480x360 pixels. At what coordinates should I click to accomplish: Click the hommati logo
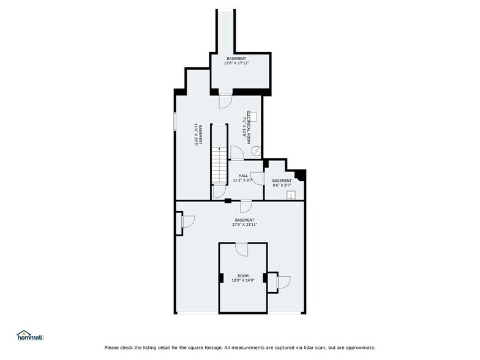coord(31,336)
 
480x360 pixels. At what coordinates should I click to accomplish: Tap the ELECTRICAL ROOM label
coord(249,127)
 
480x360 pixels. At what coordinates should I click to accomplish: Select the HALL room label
coord(243,176)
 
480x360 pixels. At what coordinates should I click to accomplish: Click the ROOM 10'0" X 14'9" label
coord(243,278)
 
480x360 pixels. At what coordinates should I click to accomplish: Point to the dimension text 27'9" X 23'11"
coord(244,224)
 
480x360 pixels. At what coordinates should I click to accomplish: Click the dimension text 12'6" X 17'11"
coord(236,63)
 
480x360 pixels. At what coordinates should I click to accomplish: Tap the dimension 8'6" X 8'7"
coord(282,185)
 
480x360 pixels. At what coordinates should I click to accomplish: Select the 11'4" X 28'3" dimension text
coord(196,135)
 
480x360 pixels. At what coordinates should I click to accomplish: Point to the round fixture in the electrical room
coord(256,151)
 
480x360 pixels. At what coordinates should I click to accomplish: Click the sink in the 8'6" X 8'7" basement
coord(290,195)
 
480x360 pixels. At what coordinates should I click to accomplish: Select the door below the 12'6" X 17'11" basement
coord(225,102)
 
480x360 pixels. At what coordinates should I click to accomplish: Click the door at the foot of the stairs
coord(219,192)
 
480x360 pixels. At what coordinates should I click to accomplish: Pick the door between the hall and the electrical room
coord(237,153)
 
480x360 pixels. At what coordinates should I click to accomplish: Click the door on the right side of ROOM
coord(283,282)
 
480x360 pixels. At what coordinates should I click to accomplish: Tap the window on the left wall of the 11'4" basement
coord(175,121)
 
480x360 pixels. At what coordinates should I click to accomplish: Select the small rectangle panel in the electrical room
coord(253,117)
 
